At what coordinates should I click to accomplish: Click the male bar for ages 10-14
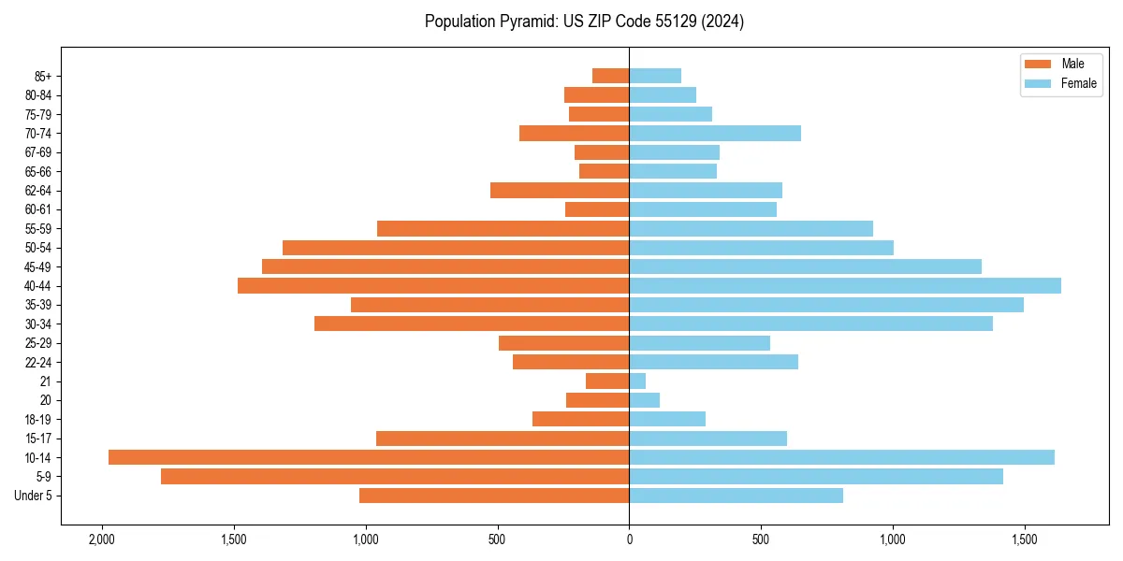coord(369,457)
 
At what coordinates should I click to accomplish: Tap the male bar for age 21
coord(607,381)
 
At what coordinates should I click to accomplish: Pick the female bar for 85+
coord(655,76)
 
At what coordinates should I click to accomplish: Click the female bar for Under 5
coord(736,496)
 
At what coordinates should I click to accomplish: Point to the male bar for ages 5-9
coord(395,477)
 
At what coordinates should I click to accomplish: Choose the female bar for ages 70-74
coord(715,134)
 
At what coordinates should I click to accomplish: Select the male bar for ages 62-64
coord(560,191)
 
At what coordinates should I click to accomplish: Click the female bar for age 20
coord(644,400)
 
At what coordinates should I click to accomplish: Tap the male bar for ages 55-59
coord(503,229)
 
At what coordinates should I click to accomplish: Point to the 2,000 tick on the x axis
coord(101,539)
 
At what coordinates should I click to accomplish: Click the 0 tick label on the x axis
coord(629,539)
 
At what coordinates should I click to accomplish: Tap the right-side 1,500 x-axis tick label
coord(1025,539)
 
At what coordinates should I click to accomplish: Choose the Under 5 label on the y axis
coord(33,496)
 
